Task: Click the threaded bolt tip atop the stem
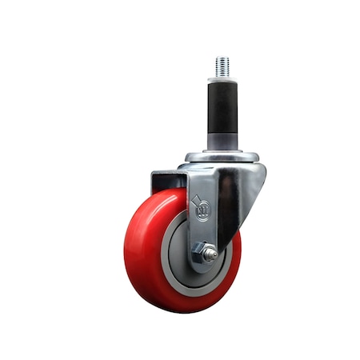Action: tap(222, 66)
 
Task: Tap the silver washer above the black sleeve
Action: tap(222, 79)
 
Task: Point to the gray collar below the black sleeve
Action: tap(222, 142)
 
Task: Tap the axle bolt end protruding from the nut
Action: tap(210, 254)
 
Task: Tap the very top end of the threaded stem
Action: tap(222, 57)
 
